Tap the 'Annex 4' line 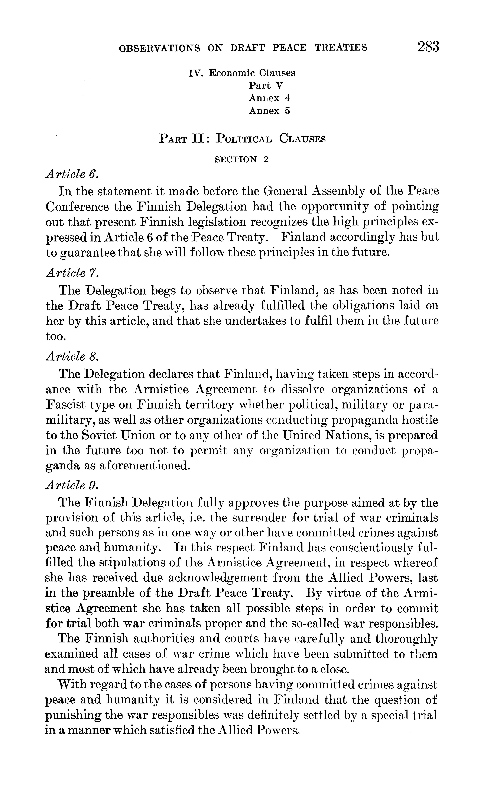270,98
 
